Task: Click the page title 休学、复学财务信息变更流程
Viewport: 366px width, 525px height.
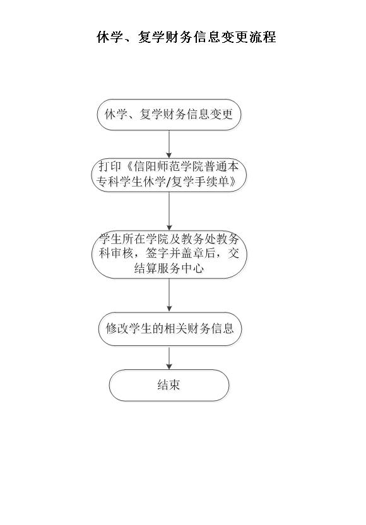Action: point(186,37)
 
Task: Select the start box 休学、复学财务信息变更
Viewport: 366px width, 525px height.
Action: point(169,114)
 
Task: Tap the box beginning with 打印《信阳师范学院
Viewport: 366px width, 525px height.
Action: point(169,174)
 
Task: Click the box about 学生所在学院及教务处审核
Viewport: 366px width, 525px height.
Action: point(169,254)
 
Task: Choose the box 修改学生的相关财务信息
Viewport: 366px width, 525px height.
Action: point(170,328)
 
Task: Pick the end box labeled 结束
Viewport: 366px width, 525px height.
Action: point(169,385)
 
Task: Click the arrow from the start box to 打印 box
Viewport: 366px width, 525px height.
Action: point(169,144)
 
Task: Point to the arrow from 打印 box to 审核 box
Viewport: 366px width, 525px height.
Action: point(169,211)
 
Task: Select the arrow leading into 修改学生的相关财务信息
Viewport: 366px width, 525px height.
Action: point(169,295)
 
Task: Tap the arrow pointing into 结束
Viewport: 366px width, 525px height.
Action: point(169,357)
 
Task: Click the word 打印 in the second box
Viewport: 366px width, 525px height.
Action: point(110,166)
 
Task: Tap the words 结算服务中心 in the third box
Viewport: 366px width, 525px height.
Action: point(169,268)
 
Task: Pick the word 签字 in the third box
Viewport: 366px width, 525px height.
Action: point(157,253)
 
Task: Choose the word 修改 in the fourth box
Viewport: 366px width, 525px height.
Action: point(117,328)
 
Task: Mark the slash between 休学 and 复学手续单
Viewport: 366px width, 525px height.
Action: point(168,182)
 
